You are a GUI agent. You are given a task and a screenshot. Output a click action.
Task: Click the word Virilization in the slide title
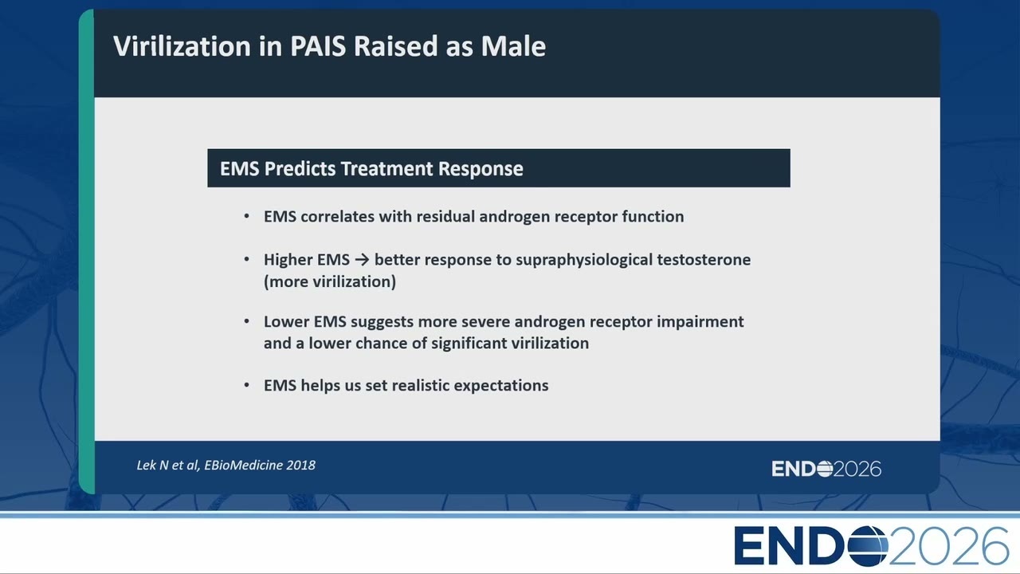[x=182, y=46]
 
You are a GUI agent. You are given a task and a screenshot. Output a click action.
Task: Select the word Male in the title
[x=513, y=46]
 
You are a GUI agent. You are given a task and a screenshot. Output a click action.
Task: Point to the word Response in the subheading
[x=481, y=169]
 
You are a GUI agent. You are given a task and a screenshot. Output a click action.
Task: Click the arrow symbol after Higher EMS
[x=362, y=260]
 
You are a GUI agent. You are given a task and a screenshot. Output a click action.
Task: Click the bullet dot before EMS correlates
[x=246, y=216]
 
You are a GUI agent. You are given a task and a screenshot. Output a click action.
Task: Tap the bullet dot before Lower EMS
[x=246, y=321]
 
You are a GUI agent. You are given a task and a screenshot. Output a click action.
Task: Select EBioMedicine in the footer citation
[x=243, y=465]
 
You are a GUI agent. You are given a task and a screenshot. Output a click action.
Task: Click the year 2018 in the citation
[x=300, y=465]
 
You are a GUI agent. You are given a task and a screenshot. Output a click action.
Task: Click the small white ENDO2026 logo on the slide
[x=826, y=469]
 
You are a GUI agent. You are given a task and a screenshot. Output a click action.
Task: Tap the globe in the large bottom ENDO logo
[x=867, y=545]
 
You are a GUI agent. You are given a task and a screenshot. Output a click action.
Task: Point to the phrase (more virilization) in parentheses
[x=330, y=281]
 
